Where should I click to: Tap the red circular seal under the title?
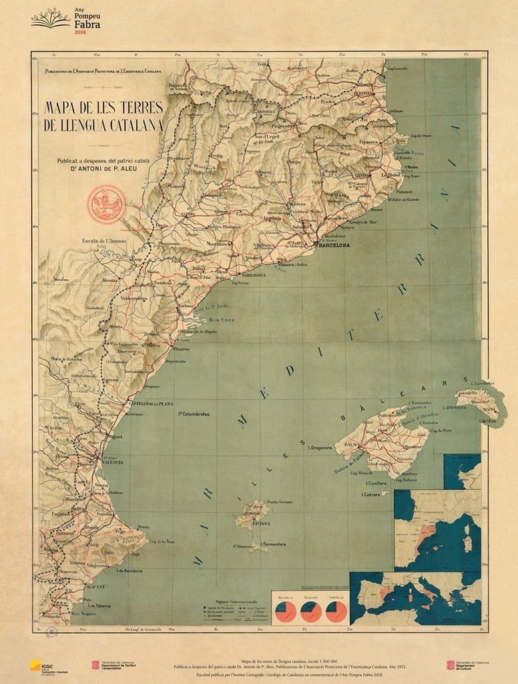point(107,204)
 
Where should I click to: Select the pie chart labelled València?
point(285,609)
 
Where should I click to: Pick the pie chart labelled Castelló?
point(336,609)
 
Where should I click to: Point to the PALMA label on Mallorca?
point(350,443)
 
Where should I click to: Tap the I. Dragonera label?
point(320,448)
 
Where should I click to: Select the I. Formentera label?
point(273,544)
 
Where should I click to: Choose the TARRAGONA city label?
point(249,275)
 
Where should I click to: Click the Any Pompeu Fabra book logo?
point(50,17)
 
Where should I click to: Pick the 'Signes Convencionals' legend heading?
point(228,601)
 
